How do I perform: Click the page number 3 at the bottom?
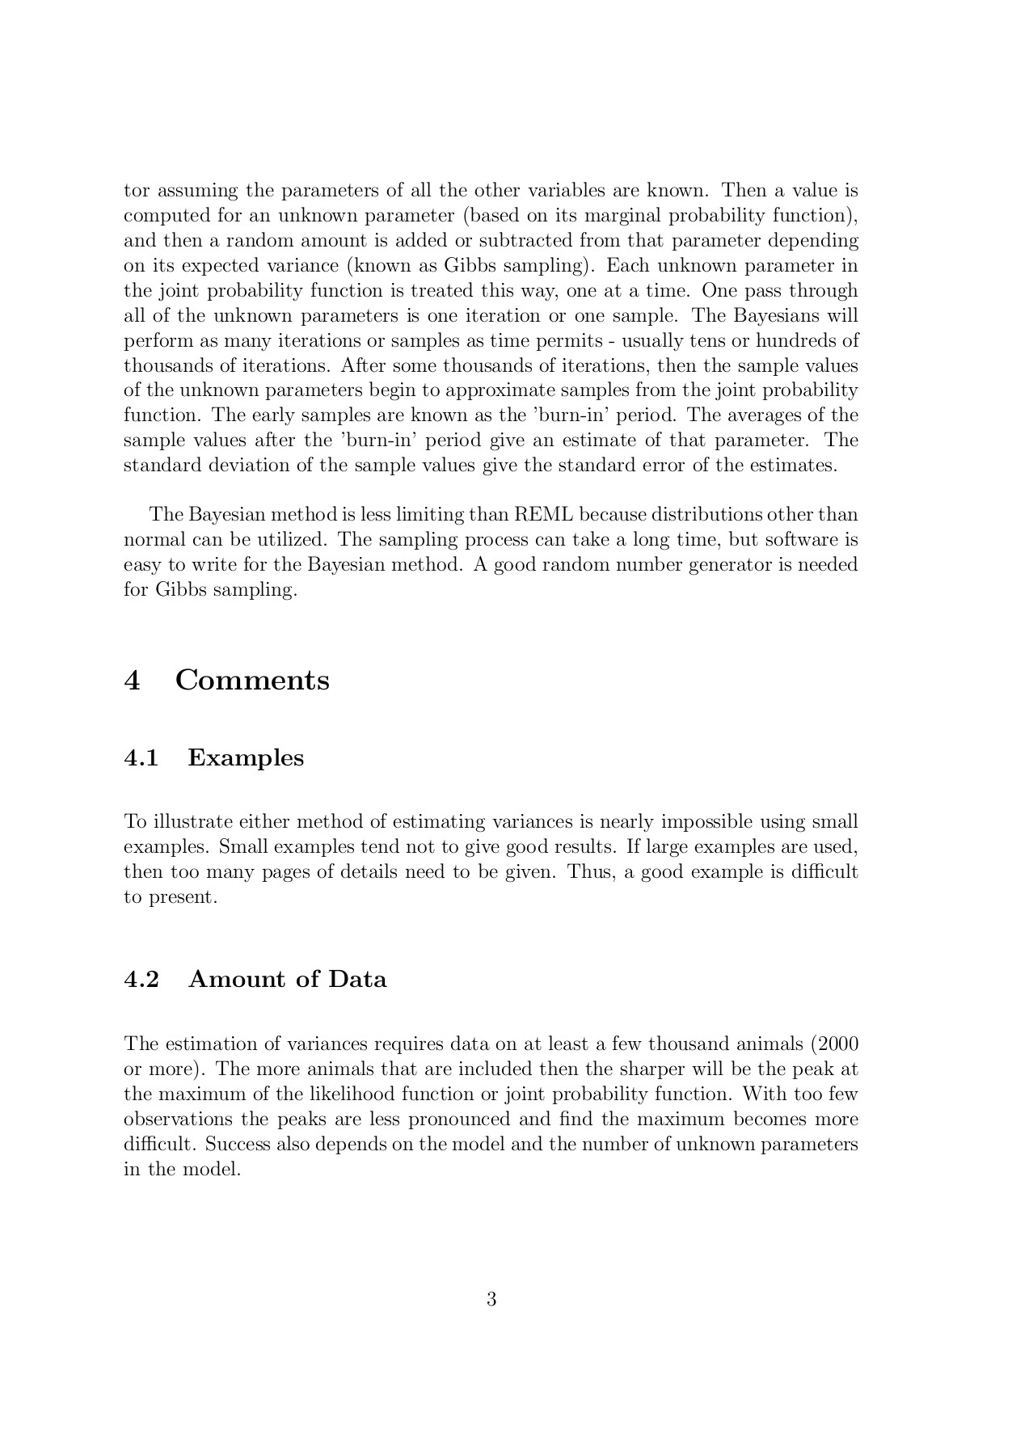pos(491,1299)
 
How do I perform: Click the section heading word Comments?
pos(251,680)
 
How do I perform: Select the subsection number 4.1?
pos(141,758)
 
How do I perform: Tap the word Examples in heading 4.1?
pos(246,758)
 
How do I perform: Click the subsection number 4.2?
pos(141,980)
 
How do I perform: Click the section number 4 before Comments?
pos(133,680)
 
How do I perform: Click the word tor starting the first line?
pos(137,192)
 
